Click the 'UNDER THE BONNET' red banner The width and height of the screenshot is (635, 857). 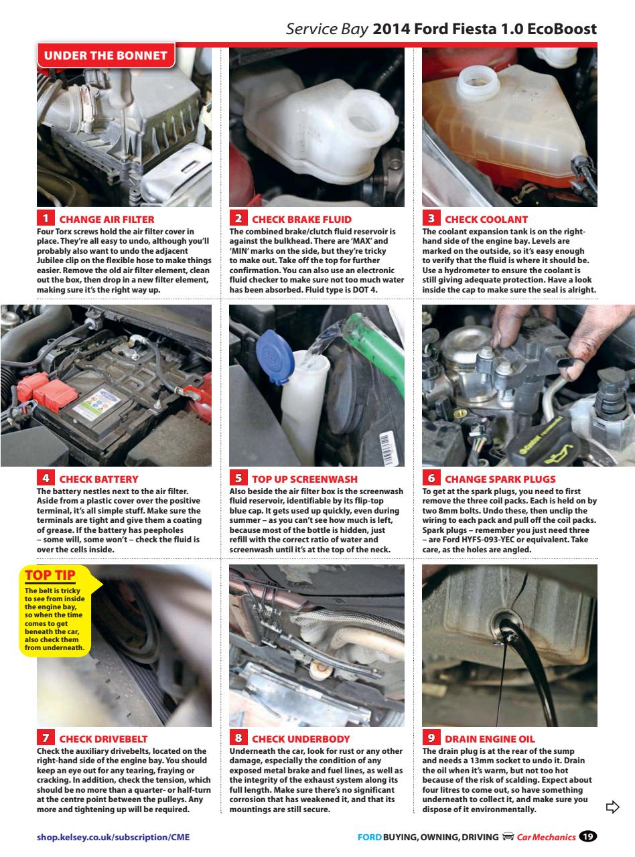(x=106, y=56)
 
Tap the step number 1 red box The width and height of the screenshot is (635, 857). (x=45, y=219)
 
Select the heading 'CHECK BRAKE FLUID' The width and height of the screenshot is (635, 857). (x=301, y=219)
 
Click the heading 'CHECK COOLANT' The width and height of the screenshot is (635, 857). (x=486, y=219)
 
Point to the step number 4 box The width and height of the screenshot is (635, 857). (x=45, y=479)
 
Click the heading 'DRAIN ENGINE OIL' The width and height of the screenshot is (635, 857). (x=490, y=739)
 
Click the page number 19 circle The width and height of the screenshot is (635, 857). (x=587, y=836)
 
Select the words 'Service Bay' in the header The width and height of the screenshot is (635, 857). (x=326, y=29)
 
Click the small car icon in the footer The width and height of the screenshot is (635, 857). (x=508, y=837)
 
